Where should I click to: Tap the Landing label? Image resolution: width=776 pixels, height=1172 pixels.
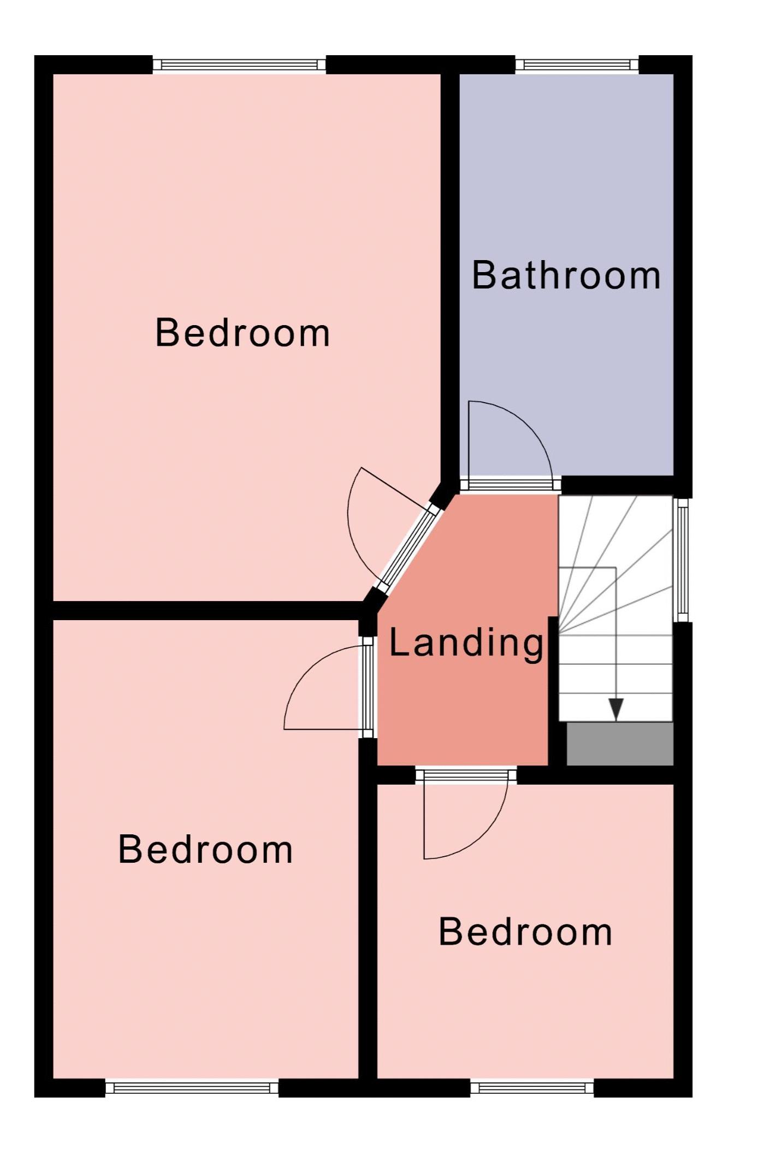point(467,644)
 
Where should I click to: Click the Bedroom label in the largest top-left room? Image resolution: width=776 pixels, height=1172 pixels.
point(242,333)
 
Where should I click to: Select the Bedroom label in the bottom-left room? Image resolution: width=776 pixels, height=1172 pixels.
point(205,850)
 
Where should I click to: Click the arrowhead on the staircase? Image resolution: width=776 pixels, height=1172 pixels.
point(616,709)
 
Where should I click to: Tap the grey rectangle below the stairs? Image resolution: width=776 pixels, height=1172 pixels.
point(620,744)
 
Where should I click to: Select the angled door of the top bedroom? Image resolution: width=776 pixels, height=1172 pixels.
point(409,549)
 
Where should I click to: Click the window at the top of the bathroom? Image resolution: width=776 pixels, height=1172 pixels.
point(577,65)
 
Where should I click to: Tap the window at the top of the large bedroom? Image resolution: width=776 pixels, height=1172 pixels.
point(239,65)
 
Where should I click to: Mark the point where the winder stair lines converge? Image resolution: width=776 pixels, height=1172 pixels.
point(559,634)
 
